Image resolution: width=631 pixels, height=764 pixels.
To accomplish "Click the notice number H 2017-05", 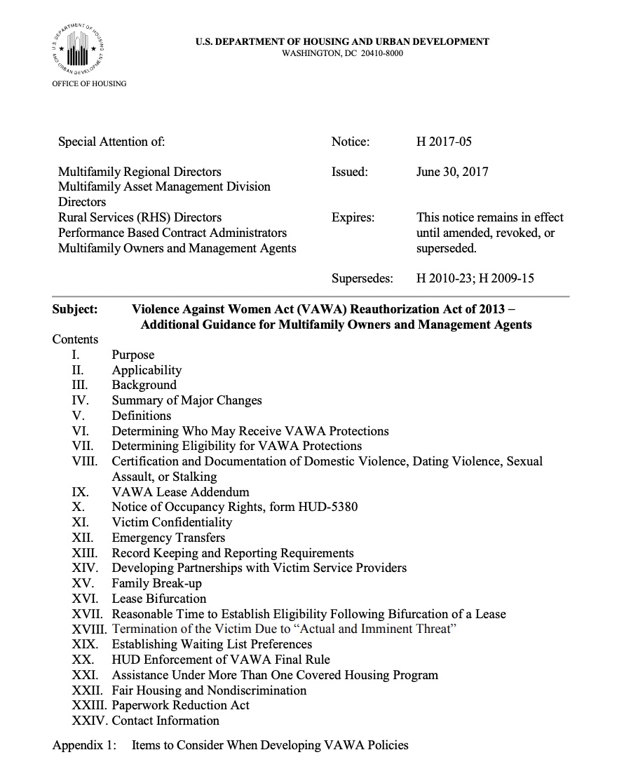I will tap(444, 142).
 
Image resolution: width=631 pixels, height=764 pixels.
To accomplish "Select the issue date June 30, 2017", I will tap(452, 172).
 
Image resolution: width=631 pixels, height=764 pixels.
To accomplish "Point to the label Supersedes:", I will tap(362, 278).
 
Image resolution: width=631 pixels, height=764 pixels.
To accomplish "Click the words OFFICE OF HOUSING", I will tap(90, 83).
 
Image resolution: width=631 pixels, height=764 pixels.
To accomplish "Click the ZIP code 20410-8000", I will tap(382, 53).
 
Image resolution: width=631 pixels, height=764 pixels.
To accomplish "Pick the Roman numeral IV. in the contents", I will tap(80, 400).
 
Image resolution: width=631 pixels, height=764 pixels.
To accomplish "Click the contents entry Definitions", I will tap(141, 416).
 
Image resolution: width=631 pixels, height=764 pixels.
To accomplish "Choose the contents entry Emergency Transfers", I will tap(168, 538).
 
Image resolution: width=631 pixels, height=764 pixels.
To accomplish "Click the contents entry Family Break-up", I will tap(156, 583).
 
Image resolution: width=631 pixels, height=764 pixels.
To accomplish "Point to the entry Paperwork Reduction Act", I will tap(180, 705).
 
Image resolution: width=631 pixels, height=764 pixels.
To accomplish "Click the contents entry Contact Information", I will tap(165, 721).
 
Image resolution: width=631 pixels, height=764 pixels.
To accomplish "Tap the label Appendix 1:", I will tap(84, 745).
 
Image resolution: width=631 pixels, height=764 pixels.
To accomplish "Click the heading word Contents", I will tap(75, 339).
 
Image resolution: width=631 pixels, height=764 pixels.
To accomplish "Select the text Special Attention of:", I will tap(111, 142).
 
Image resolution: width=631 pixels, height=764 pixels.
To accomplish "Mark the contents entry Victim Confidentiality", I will tap(172, 522).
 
